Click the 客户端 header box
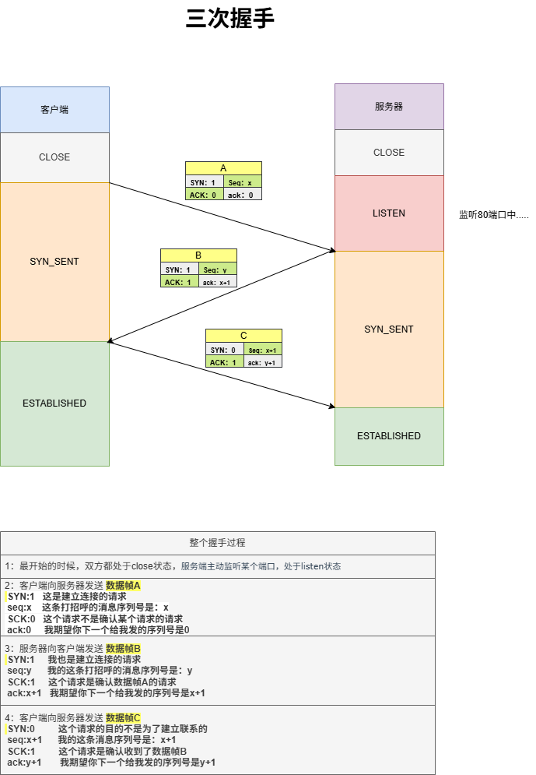coord(54,110)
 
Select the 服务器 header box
coord(389,107)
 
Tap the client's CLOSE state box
coord(54,157)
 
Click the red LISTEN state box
coord(389,213)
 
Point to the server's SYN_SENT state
coord(389,329)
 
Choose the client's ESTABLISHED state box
coord(54,403)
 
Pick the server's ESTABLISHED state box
coord(389,436)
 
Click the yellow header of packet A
coord(223,168)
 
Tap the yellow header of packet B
coord(198,255)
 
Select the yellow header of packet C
coord(243,336)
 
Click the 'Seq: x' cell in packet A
coord(243,182)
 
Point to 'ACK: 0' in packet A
coord(204,195)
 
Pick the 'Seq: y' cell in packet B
coord(217,269)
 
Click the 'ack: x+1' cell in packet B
coord(217,282)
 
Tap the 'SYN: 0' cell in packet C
coord(224,350)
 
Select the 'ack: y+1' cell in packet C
coord(262,362)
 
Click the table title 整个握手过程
coord(218,543)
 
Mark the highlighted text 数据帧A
coord(123,586)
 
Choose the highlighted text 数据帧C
coord(123,717)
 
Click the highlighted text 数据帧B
coord(123,648)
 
